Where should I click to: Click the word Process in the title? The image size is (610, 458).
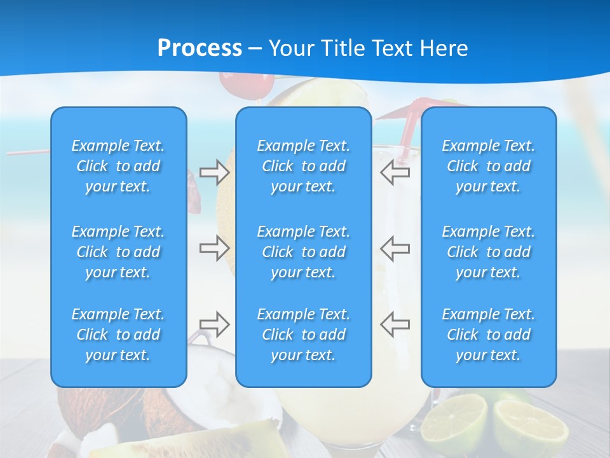pyautogui.click(x=200, y=48)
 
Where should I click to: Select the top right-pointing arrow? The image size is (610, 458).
pyautogui.click(x=214, y=172)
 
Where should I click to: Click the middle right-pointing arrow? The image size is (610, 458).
pyautogui.click(x=214, y=247)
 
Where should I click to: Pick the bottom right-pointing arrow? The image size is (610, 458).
pyautogui.click(x=214, y=324)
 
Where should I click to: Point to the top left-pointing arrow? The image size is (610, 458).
pyautogui.click(x=395, y=172)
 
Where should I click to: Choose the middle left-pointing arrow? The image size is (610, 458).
pyautogui.click(x=395, y=247)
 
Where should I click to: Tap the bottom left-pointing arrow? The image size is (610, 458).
pyautogui.click(x=395, y=324)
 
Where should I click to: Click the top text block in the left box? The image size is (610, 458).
pyautogui.click(x=118, y=166)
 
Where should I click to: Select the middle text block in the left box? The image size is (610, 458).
pyautogui.click(x=118, y=252)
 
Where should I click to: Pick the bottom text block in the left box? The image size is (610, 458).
pyautogui.click(x=118, y=335)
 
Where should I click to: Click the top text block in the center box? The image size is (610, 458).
pyautogui.click(x=303, y=166)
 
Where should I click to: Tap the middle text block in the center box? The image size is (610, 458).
pyautogui.click(x=303, y=252)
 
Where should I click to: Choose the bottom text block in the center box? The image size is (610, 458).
pyautogui.click(x=303, y=335)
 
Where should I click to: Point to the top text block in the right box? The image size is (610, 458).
pyautogui.click(x=488, y=166)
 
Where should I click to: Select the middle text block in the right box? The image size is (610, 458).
pyautogui.click(x=488, y=252)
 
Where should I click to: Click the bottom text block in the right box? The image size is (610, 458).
pyautogui.click(x=488, y=335)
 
